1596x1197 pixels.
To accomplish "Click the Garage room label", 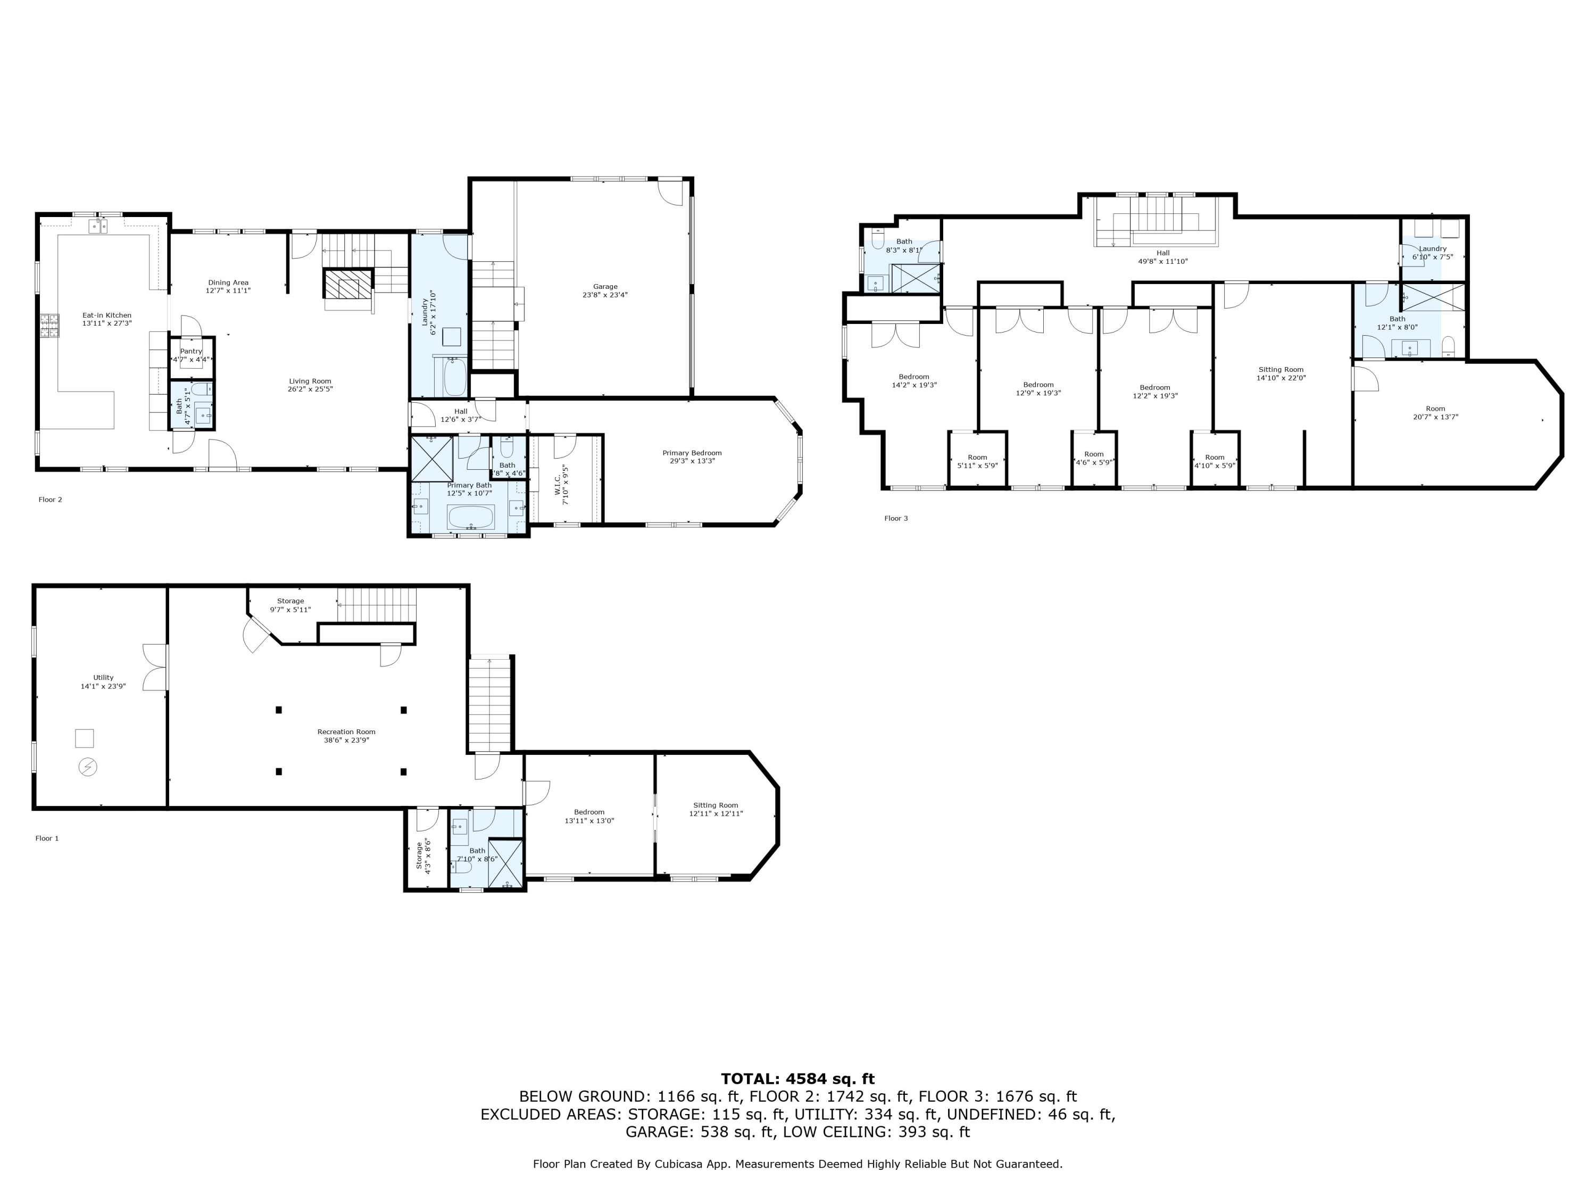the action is [x=605, y=291].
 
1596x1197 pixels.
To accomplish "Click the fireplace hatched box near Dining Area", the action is [x=348, y=284].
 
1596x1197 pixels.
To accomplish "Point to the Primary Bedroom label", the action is [x=692, y=456].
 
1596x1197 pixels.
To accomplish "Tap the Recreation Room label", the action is [x=346, y=736].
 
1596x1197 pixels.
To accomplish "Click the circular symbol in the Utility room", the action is [x=87, y=766].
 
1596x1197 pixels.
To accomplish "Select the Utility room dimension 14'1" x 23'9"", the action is [x=103, y=686].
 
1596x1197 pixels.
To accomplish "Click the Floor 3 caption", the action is [x=896, y=518].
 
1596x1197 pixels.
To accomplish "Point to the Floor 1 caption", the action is [x=47, y=838].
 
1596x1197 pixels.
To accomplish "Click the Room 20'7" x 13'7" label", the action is [x=1435, y=413].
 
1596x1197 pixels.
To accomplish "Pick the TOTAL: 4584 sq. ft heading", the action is [x=798, y=1079].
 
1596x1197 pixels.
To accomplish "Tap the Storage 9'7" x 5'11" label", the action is [x=291, y=605].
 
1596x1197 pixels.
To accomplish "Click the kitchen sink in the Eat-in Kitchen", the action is [x=98, y=227].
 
